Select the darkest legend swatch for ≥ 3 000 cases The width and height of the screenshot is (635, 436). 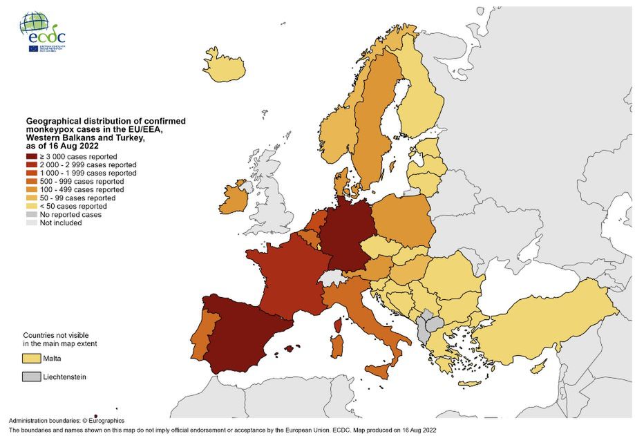coord(32,157)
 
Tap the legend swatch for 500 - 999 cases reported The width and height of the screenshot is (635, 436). coord(32,181)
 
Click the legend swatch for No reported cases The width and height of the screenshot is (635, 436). coord(32,214)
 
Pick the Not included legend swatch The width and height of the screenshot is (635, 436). coord(32,222)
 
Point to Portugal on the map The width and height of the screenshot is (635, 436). coord(202,332)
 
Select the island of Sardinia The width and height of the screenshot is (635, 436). coord(337,347)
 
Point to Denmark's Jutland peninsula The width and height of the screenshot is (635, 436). coord(341,181)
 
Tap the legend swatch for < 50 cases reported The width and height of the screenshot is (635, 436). coord(32,206)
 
